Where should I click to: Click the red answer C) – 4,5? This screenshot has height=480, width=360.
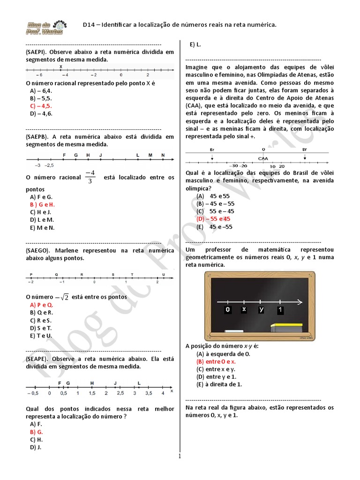tap(41, 106)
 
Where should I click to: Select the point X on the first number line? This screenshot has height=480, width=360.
tap(61, 67)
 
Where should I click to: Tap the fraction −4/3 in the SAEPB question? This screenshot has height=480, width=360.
tap(90, 177)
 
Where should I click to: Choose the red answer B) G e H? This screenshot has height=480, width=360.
tap(42, 205)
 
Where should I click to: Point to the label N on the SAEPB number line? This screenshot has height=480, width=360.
tap(163, 155)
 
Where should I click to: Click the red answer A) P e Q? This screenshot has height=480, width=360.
tap(41, 305)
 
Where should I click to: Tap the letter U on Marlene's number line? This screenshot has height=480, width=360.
tap(164, 274)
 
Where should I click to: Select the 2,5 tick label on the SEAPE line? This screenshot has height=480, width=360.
tap(120, 393)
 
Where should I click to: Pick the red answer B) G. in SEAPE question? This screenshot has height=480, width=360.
tap(37, 432)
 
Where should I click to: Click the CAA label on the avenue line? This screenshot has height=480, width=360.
tap(263, 158)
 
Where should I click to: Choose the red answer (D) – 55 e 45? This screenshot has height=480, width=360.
tap(214, 219)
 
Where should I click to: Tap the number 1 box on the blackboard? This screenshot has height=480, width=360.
tap(280, 310)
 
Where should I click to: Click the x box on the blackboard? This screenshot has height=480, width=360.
tap(244, 310)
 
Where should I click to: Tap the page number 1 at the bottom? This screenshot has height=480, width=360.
tap(179, 455)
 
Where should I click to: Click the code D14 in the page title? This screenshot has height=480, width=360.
tap(89, 24)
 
